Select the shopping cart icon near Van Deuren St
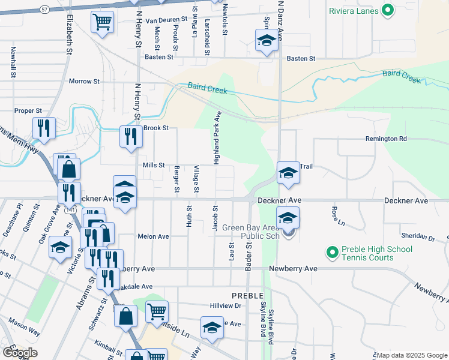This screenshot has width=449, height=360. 103,22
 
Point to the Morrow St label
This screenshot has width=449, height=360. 84,81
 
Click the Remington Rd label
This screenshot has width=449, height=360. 386,139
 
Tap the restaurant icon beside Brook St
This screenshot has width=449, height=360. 129,136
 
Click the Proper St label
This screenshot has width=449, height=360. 28,111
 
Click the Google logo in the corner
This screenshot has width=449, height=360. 20,352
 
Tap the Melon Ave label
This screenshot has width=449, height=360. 153,236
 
